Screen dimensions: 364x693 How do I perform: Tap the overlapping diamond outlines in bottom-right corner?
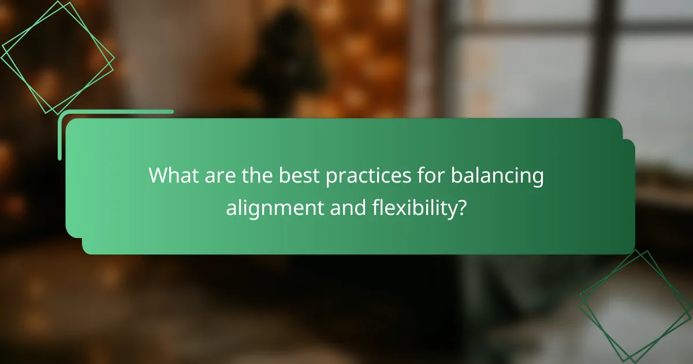click(x=635, y=306)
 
